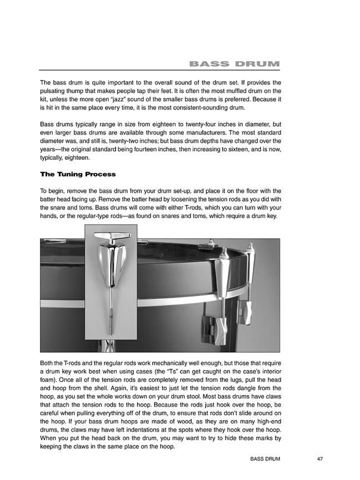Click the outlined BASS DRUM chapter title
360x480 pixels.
234,64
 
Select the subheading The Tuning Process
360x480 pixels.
78,174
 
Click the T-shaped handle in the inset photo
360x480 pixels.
111,239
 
